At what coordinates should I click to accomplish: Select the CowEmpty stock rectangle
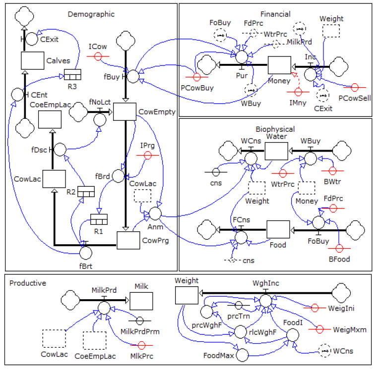[x=125, y=111]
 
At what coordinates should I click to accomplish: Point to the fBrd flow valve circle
[x=118, y=176]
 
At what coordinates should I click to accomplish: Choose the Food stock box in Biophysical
[x=278, y=229]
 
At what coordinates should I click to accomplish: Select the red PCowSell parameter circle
[x=354, y=87]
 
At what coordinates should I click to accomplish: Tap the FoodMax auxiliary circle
[x=243, y=355]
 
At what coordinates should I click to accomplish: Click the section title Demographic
[x=91, y=14]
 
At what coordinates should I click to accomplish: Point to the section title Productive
[x=28, y=283]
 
